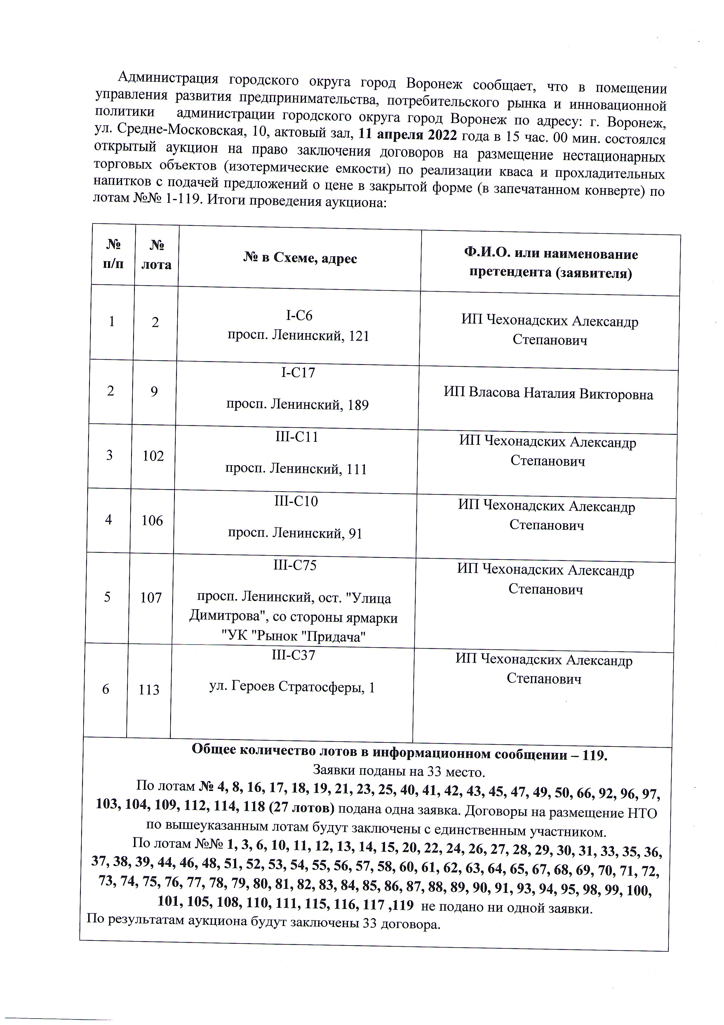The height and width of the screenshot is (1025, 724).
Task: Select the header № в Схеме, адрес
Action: tap(300, 258)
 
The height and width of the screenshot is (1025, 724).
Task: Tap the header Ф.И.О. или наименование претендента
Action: tap(551, 263)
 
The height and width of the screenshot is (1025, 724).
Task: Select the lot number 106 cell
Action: tap(152, 520)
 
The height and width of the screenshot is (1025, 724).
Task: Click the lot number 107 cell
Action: tap(151, 597)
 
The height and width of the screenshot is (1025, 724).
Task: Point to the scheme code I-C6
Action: tap(299, 316)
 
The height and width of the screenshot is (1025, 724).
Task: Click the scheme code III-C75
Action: tap(295, 565)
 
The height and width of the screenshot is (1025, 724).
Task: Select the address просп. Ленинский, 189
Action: tap(297, 405)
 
